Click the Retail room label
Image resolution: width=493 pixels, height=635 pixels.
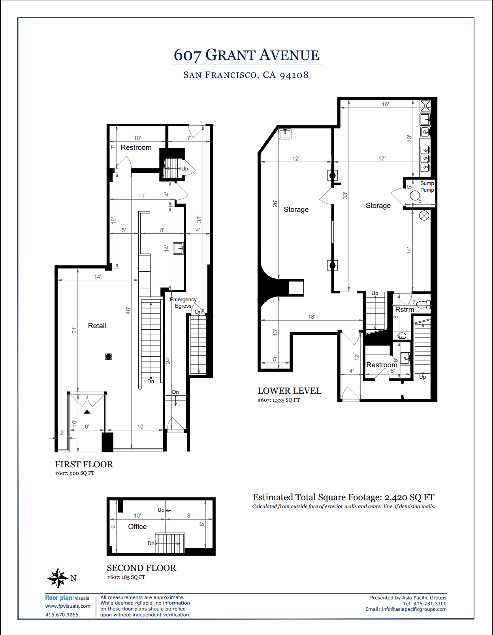[97, 326]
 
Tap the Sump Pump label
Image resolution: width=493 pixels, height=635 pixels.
[427, 187]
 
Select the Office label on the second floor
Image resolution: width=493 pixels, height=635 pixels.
[137, 527]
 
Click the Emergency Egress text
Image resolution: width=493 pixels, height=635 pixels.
[183, 303]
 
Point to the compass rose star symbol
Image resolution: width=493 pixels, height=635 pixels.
[58, 578]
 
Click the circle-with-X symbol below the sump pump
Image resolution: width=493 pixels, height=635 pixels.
[424, 215]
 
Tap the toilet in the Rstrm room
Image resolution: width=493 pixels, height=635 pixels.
[423, 304]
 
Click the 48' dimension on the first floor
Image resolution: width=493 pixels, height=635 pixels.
[128, 311]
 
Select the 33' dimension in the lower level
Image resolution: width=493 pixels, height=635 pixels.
[345, 195]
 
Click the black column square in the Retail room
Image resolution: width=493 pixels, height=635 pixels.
[109, 357]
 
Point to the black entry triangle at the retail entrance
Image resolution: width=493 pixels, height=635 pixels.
[87, 412]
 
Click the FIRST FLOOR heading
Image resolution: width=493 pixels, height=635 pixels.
[84, 464]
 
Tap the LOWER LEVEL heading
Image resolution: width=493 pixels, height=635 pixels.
[289, 391]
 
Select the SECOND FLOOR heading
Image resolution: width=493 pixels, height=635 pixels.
[141, 568]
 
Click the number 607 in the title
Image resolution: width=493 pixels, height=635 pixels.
[187, 55]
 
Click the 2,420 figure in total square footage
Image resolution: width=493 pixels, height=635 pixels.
[396, 497]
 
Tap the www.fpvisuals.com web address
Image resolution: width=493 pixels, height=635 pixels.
[68, 606]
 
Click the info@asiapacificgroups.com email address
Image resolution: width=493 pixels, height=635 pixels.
[414, 609]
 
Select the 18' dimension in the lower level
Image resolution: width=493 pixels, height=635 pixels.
[311, 317]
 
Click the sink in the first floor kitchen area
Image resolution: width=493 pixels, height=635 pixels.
[178, 248]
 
